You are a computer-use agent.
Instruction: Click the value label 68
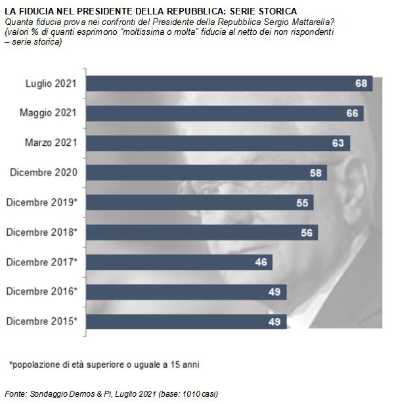click(x=361, y=83)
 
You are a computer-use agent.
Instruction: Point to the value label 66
click(x=353, y=113)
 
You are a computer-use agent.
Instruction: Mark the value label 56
click(x=307, y=232)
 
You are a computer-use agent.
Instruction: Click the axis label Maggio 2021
click(x=48, y=113)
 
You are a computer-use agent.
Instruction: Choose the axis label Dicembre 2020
click(x=44, y=173)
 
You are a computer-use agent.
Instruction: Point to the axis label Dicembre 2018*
click(x=42, y=232)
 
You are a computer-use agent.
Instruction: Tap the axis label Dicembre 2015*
click(x=42, y=321)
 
